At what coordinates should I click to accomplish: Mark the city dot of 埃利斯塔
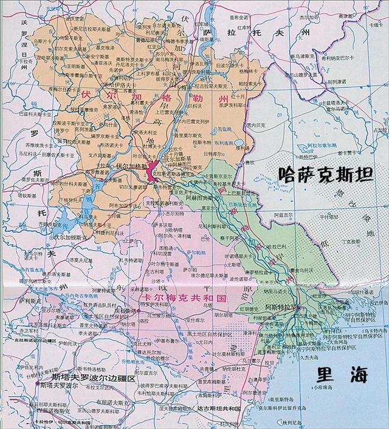(139, 311)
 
